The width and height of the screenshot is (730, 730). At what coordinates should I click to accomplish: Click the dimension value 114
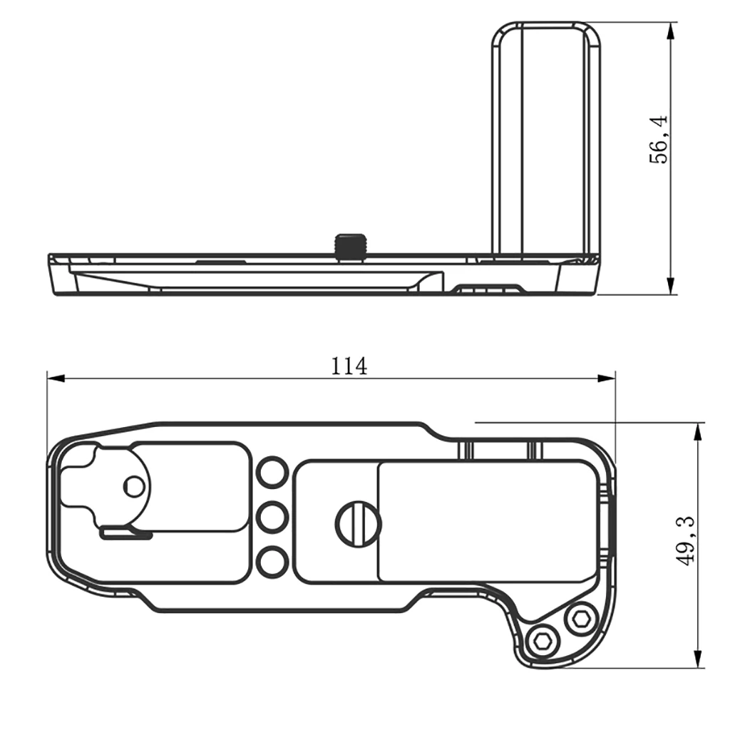pos(349,366)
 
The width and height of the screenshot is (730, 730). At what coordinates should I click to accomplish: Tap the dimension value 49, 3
pos(686,541)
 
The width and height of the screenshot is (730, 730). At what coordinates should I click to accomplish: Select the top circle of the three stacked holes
pos(272,473)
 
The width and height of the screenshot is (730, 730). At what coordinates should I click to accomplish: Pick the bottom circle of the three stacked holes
pos(272,562)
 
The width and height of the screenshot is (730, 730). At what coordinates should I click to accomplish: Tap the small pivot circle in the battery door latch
pos(133,486)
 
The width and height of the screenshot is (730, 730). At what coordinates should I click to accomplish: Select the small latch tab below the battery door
pos(126,533)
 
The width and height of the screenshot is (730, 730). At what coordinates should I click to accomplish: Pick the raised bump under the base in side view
pos(488,289)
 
